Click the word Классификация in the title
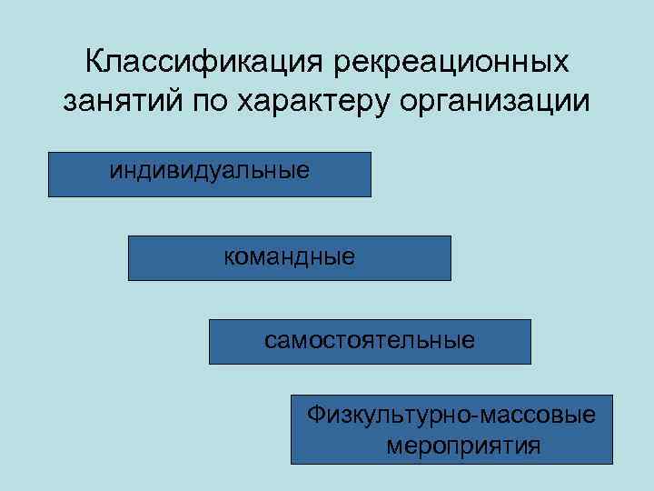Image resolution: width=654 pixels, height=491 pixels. [205, 64]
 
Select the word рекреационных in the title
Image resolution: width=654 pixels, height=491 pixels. [451, 64]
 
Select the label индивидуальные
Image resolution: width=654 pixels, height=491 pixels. [210, 170]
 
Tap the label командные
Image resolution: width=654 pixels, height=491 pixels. [289, 256]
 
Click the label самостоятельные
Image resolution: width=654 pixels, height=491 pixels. [370, 341]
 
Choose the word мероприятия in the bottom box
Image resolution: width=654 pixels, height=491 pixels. [462, 446]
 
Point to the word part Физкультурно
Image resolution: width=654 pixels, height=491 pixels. [386, 416]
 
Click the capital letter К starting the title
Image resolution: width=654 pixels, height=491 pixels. [94, 64]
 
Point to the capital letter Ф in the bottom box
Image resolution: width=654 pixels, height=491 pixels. [315, 416]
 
